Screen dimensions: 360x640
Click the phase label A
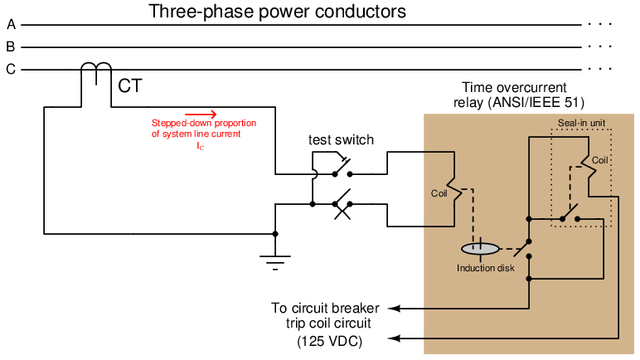point(10,25)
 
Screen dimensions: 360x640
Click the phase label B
point(10,47)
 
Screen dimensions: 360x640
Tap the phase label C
point(10,70)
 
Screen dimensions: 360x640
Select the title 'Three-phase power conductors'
point(277,12)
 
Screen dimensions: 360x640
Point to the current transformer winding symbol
point(98,73)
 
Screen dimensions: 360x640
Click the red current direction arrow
point(201,114)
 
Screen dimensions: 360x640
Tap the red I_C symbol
point(199,145)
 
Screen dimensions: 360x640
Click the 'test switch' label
point(341,140)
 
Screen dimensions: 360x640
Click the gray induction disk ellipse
point(480,248)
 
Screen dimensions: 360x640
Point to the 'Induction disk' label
point(481,268)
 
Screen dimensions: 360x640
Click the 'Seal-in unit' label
point(579,123)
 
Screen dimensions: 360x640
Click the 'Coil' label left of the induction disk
point(439,195)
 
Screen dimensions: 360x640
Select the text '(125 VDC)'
point(329,341)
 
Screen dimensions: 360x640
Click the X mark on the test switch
point(340,211)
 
